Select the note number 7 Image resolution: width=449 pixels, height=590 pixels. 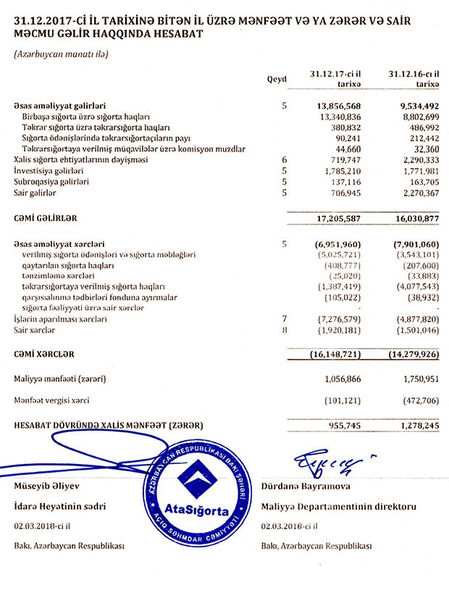[x=285, y=319]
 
